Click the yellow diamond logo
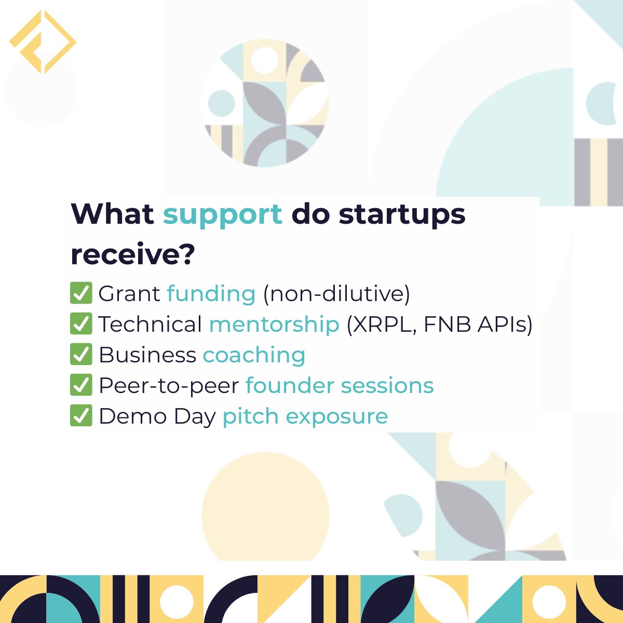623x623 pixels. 43,42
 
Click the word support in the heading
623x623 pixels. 223,214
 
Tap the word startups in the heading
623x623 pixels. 402,214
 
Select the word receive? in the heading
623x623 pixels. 132,254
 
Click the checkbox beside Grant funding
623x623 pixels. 80,293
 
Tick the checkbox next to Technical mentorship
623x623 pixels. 80,324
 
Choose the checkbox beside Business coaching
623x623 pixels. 80,355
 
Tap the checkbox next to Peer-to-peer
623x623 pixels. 80,385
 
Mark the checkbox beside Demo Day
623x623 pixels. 80,416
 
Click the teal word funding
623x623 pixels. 211,294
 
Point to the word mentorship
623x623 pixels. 274,324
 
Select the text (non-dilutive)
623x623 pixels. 336,294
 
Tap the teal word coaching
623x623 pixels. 253,355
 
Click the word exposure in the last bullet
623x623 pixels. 336,417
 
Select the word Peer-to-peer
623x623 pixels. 168,386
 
